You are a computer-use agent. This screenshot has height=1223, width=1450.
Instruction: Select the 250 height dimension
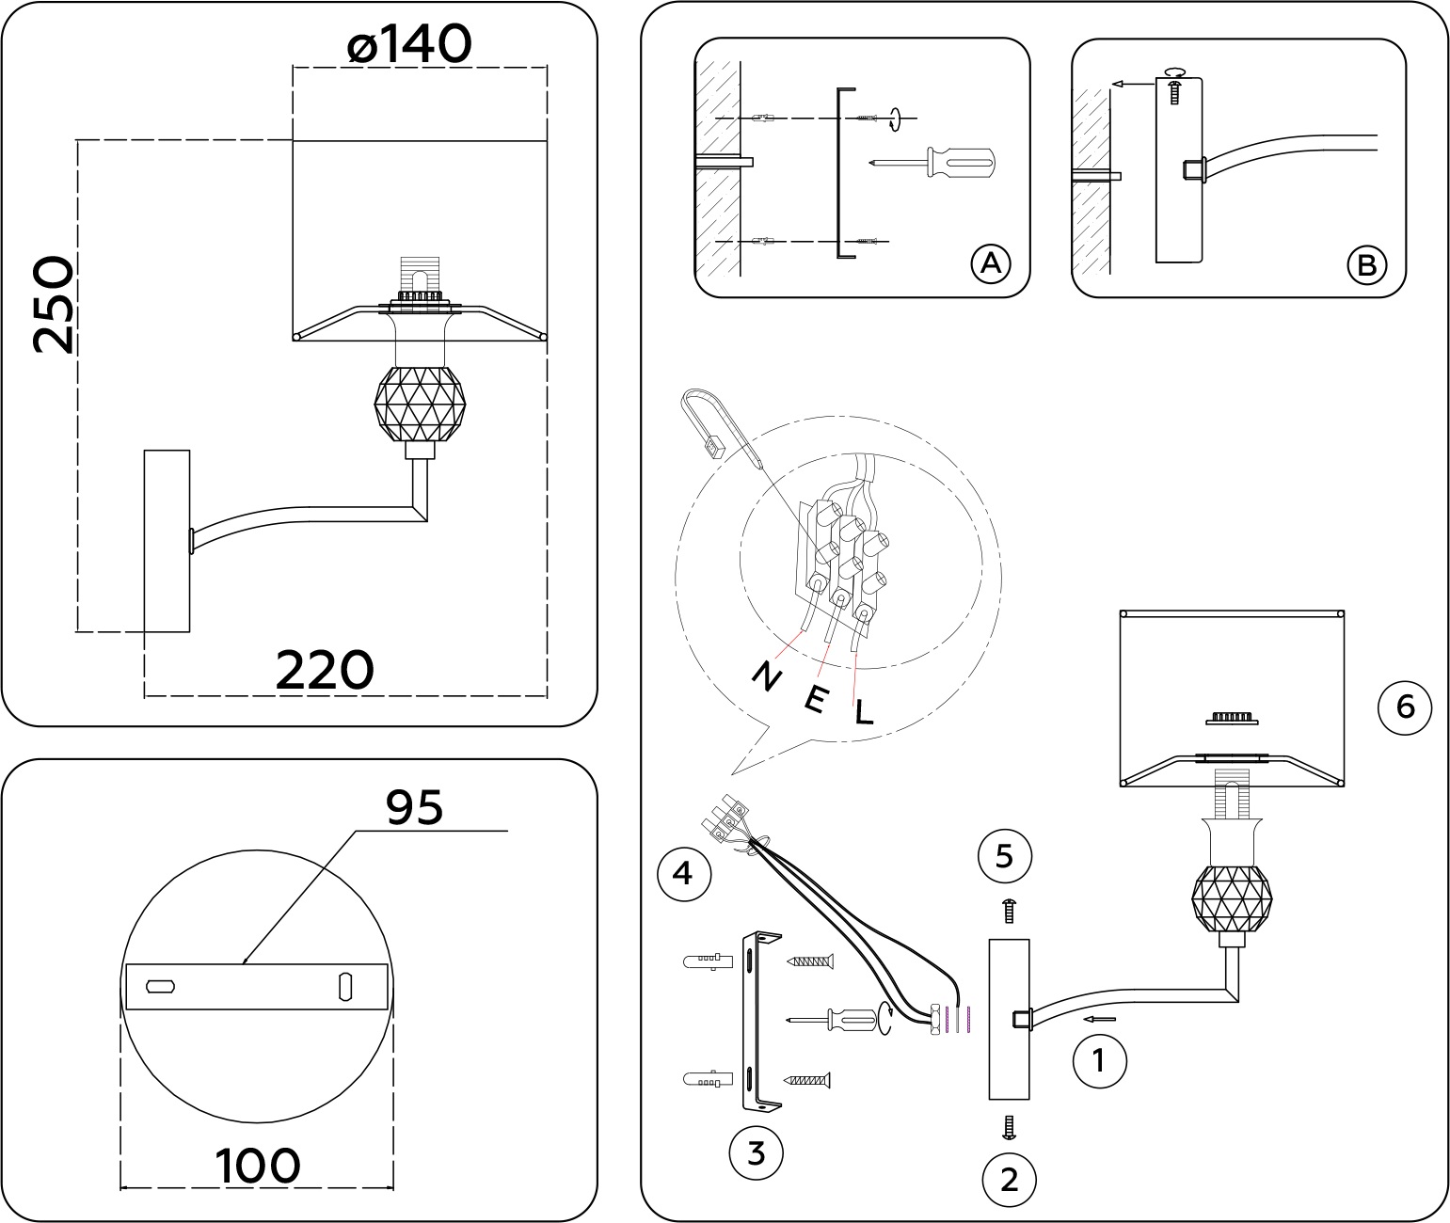[52, 303]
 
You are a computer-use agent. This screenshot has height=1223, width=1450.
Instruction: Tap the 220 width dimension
[325, 670]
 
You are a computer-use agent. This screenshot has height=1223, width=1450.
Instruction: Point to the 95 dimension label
[415, 806]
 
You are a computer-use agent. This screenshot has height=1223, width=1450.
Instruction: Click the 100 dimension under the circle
[258, 1167]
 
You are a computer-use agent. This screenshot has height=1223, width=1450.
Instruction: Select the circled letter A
[989, 264]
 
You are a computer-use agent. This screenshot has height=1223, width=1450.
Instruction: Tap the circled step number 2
[1010, 1178]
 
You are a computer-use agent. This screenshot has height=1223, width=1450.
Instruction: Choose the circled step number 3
[757, 1152]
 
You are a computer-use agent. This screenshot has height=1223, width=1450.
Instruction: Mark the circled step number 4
[683, 874]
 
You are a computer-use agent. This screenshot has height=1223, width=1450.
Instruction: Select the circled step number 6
[1405, 706]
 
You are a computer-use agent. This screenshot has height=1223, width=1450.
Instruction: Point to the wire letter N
[767, 675]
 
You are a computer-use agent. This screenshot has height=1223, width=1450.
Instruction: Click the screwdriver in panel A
[932, 163]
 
